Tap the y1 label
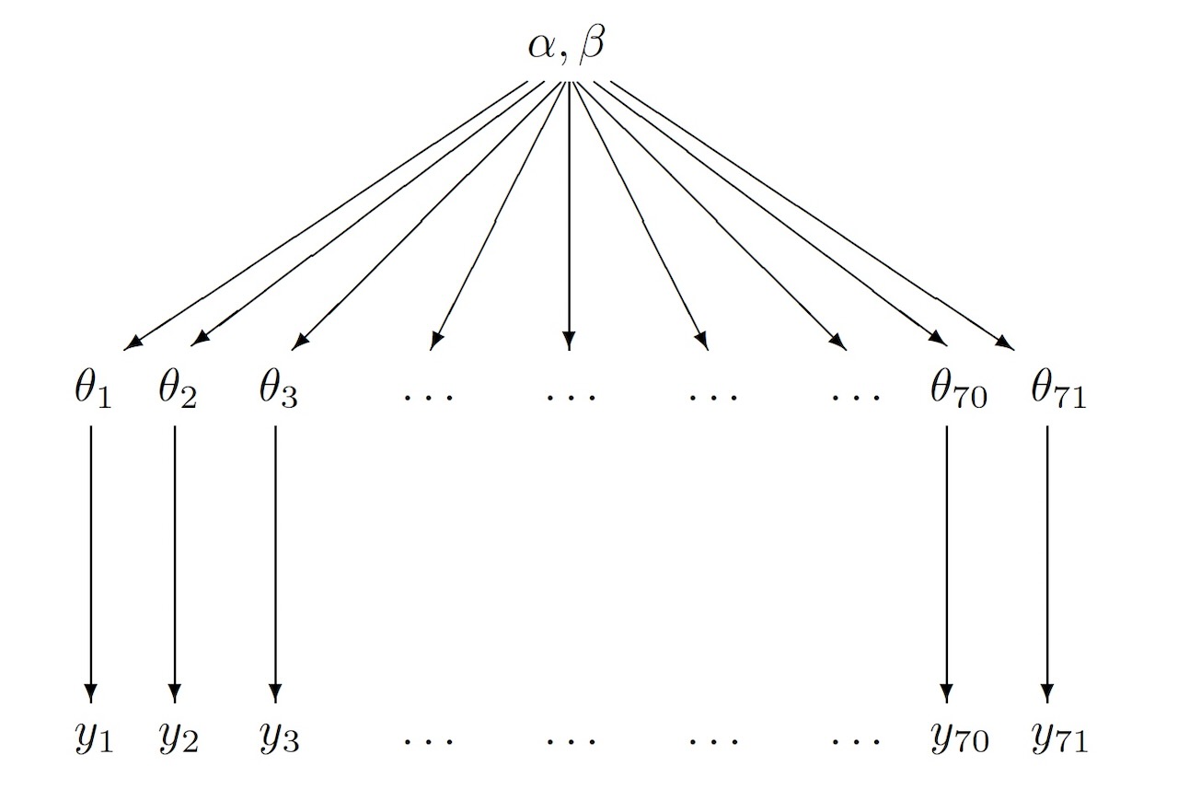point(92,737)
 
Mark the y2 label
point(178,737)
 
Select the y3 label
point(278,737)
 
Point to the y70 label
point(959,737)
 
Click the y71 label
point(1058,737)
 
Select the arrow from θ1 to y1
point(90,562)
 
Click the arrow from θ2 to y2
point(175,562)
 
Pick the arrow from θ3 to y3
point(275,562)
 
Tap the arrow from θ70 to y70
point(947,562)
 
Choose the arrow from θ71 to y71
point(1046,562)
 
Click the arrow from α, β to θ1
point(326,215)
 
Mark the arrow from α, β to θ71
point(810,215)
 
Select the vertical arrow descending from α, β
point(569,215)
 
